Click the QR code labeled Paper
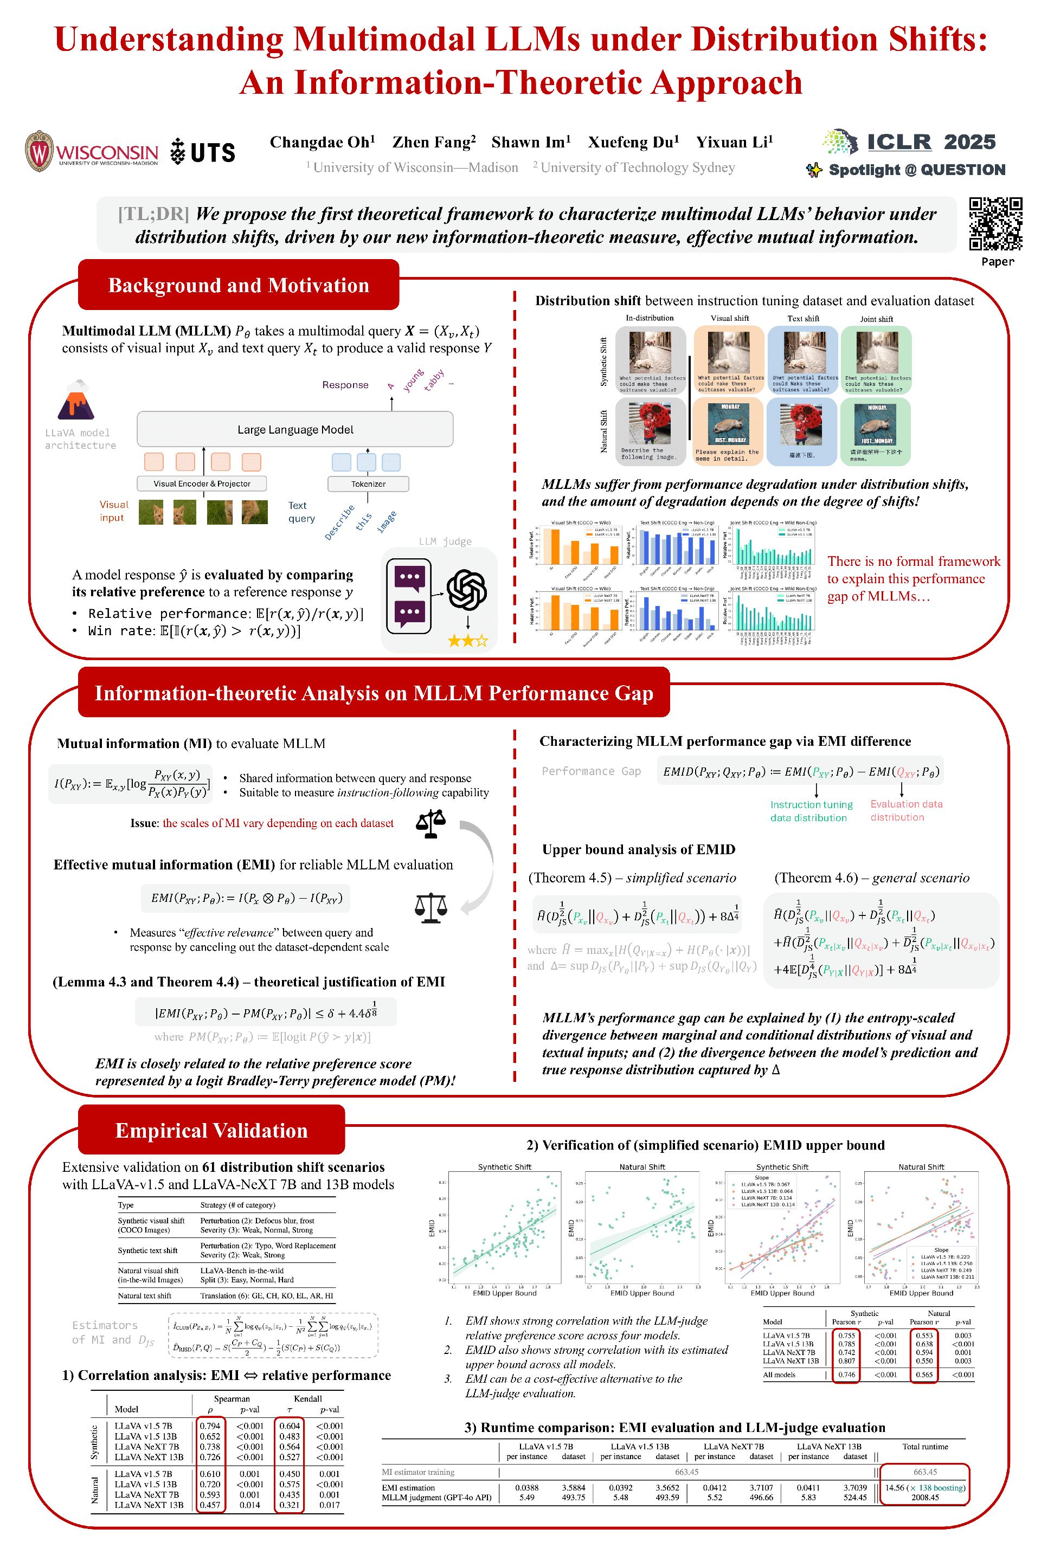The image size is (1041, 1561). (995, 224)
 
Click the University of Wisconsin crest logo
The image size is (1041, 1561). (39, 151)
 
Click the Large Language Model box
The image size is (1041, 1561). (295, 429)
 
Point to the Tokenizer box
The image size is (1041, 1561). (368, 484)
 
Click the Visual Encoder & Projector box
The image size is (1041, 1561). (202, 484)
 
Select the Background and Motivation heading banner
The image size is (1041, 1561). (239, 286)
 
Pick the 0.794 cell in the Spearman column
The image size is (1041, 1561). (210, 1425)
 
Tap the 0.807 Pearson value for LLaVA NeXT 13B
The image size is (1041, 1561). (846, 1360)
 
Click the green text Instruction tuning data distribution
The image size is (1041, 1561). (811, 811)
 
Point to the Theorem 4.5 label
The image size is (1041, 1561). (569, 878)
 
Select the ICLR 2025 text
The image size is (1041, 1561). (931, 142)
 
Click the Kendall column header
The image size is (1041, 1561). (307, 1398)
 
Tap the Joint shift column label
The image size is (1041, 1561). (876, 319)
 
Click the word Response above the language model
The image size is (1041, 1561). (345, 385)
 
